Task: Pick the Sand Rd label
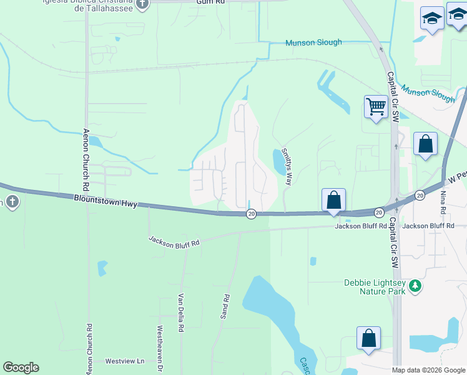[225, 306]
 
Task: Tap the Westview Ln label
[124, 361]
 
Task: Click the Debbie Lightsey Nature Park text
[376, 287]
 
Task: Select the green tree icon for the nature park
[414, 287]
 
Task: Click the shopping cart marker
[376, 107]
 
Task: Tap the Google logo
[21, 367]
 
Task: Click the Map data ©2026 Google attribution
[428, 370]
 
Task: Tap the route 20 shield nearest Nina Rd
[420, 196]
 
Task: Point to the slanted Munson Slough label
[427, 92]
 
